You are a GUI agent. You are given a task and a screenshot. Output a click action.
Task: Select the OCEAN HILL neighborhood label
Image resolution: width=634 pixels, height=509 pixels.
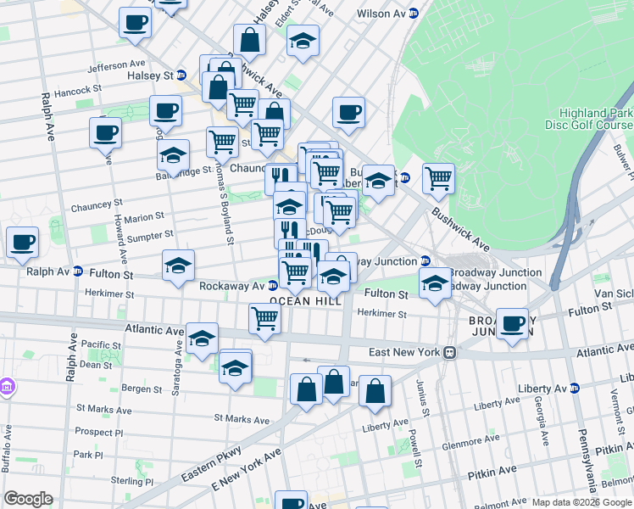pos(305,301)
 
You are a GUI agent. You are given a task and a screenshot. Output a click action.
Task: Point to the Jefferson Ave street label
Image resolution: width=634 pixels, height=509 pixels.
pos(116,64)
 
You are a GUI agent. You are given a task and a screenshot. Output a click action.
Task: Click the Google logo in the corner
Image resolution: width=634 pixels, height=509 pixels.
pos(28,499)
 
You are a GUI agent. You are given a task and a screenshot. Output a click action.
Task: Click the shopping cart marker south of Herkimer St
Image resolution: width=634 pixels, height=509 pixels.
pos(265,319)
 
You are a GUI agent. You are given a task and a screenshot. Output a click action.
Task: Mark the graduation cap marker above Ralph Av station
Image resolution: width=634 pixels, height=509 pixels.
pos(179,265)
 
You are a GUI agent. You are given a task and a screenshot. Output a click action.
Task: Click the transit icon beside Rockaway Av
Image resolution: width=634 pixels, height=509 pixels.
pos(274,286)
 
